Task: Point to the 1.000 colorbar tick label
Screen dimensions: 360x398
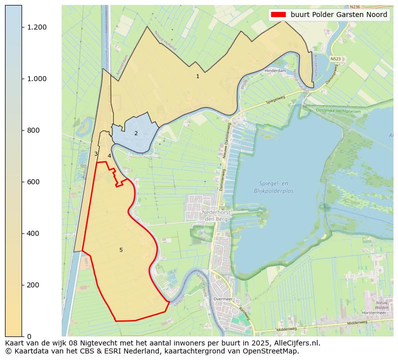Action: [x=37, y=79]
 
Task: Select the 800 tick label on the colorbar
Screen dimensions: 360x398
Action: [x=34, y=130]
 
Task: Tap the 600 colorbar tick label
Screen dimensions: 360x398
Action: [x=34, y=182]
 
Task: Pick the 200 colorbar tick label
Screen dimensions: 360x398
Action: [x=34, y=285]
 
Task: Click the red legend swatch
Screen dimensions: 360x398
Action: [x=278, y=15]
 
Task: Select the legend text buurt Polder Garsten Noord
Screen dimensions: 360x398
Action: [x=339, y=15]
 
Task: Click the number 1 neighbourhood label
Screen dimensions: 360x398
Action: [x=197, y=76]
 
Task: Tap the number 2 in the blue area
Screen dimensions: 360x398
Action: [x=136, y=133]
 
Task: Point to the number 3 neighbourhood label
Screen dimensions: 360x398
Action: [x=96, y=154]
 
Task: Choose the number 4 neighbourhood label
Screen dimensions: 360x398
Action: [x=109, y=156]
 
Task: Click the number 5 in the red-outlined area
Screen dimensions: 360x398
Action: [x=121, y=250]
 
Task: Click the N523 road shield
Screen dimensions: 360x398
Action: [x=335, y=59]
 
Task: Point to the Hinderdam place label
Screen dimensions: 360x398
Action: [x=275, y=71]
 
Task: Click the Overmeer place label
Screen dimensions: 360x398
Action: [x=223, y=298]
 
